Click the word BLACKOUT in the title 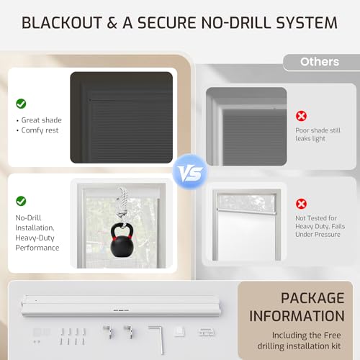point(62,23)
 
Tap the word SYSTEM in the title point(307,23)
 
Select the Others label point(320,62)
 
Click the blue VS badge point(190,172)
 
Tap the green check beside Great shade point(21,104)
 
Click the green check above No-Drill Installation point(21,201)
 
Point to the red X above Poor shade point(301,116)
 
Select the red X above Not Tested point(301,204)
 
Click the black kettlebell point(122,240)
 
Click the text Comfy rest point(40,130)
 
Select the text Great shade point(42,120)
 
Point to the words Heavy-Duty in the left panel point(35,238)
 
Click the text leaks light point(310,139)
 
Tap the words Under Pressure point(318,235)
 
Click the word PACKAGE point(312,298)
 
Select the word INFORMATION point(297,316)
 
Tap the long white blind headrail point(121,305)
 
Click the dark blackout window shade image point(122,117)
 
